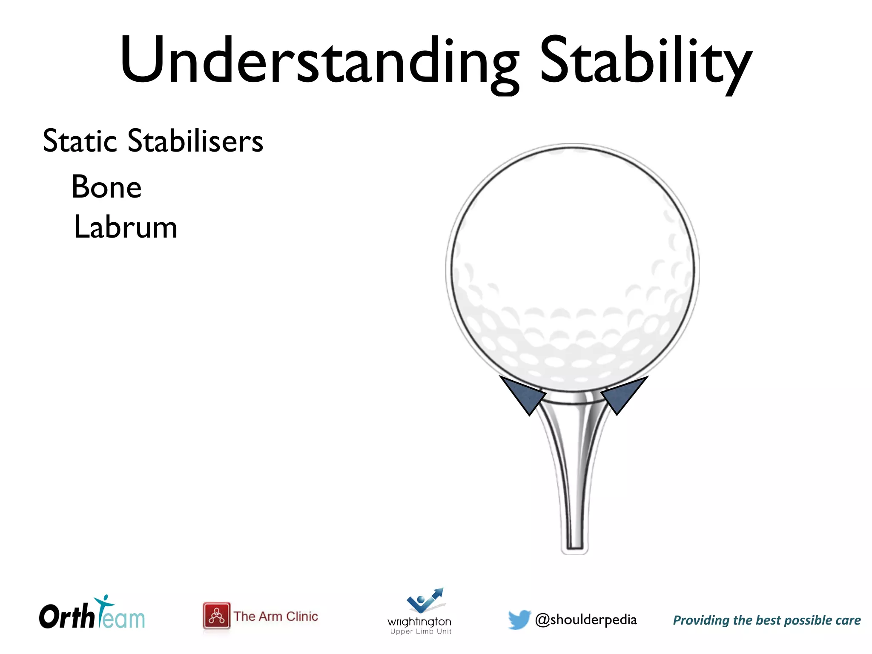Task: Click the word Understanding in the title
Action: point(319,60)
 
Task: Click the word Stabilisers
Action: point(195,141)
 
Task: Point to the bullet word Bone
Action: point(106,187)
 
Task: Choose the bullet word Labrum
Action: point(126,227)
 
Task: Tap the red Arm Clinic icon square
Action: point(216,616)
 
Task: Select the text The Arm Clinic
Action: point(276,617)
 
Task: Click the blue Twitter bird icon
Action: point(519,620)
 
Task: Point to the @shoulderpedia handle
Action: point(586,620)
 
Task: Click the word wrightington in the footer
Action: point(419,622)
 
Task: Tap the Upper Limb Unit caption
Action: point(421,632)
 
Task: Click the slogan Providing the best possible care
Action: point(767,620)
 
